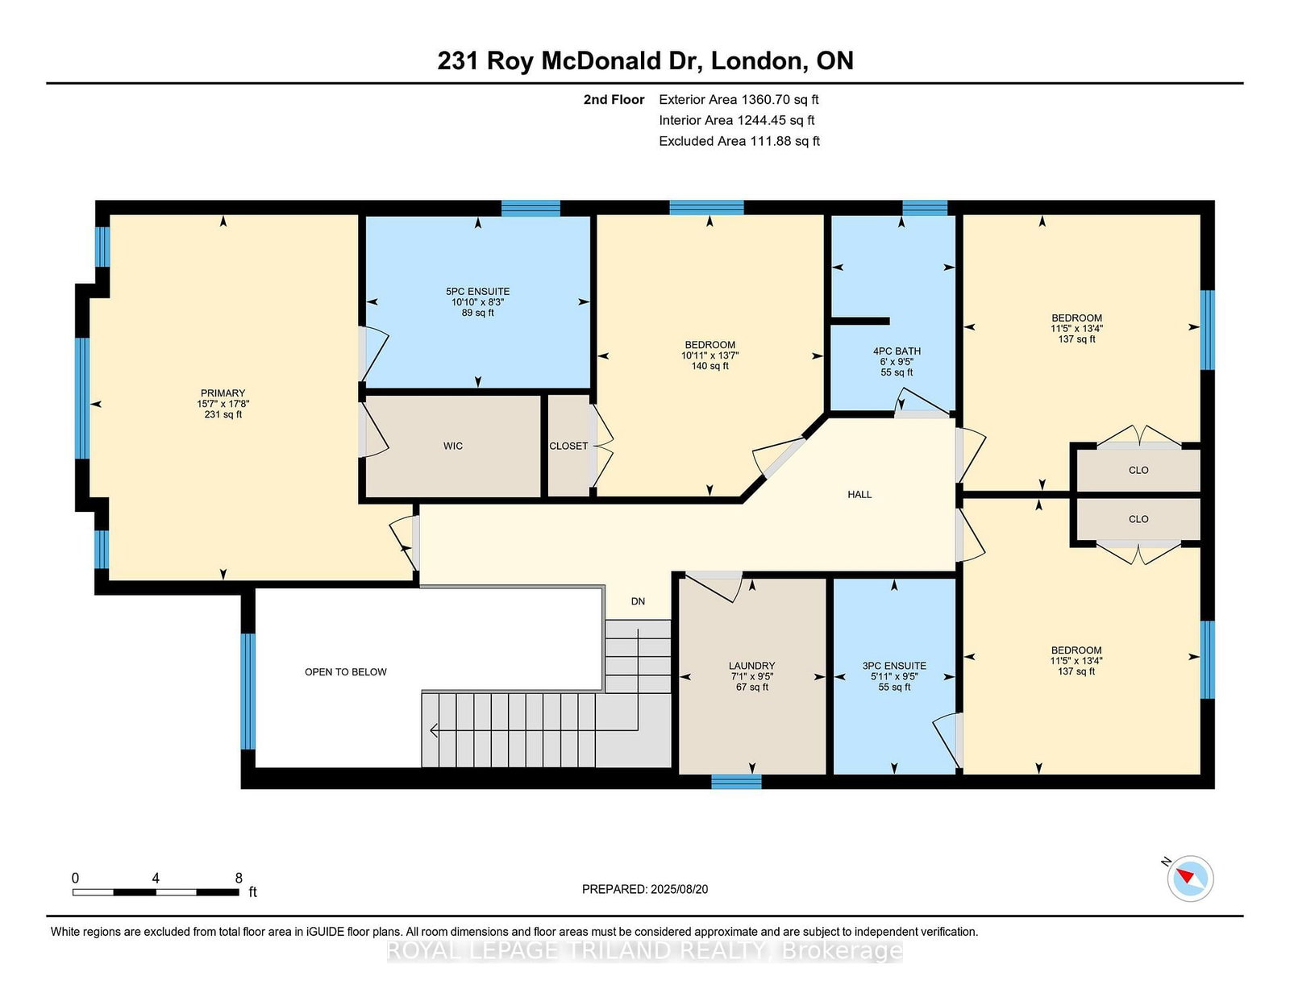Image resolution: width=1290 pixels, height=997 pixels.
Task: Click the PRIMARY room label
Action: pos(223,393)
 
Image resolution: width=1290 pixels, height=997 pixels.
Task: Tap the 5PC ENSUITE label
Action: pos(478,292)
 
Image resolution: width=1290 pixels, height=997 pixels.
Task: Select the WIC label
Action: pos(453,446)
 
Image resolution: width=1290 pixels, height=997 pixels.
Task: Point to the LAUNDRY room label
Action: pos(752,666)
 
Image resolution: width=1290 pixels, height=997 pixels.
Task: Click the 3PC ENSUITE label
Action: pos(894,666)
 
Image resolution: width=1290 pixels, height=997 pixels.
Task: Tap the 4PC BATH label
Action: pos(897,351)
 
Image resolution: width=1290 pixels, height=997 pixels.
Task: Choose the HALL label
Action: pos(859,494)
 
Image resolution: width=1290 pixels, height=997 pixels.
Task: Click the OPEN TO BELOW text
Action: pos(346,672)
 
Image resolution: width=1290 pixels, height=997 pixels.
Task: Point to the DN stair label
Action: pos(639,601)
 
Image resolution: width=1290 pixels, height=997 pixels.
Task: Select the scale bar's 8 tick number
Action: pos(239,879)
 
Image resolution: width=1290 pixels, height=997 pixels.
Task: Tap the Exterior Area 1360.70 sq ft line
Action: pos(739,100)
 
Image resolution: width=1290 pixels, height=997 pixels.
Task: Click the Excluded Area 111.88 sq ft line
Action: pos(739,141)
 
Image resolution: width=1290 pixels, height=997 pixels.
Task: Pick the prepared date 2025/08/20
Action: pos(679,889)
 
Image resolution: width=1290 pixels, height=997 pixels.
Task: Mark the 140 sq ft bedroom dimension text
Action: pos(710,366)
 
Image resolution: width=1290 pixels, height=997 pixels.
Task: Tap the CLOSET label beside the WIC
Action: pos(568,446)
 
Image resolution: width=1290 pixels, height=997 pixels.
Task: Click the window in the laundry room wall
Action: pos(736,782)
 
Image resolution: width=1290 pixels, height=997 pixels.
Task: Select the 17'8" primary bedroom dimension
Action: pos(238,404)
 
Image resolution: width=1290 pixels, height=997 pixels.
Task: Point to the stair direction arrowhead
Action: pos(434,730)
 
